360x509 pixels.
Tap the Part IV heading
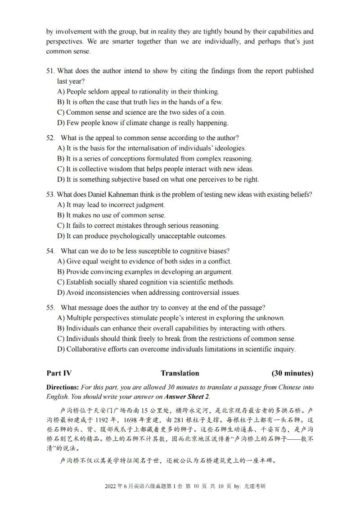pyautogui.click(x=58, y=373)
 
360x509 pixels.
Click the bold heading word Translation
pyautogui.click(x=180, y=373)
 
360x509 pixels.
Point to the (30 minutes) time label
pyautogui.click(x=292, y=373)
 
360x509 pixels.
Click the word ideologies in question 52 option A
pyautogui.click(x=229, y=147)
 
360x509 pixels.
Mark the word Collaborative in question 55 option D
pyautogui.click(x=86, y=349)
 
